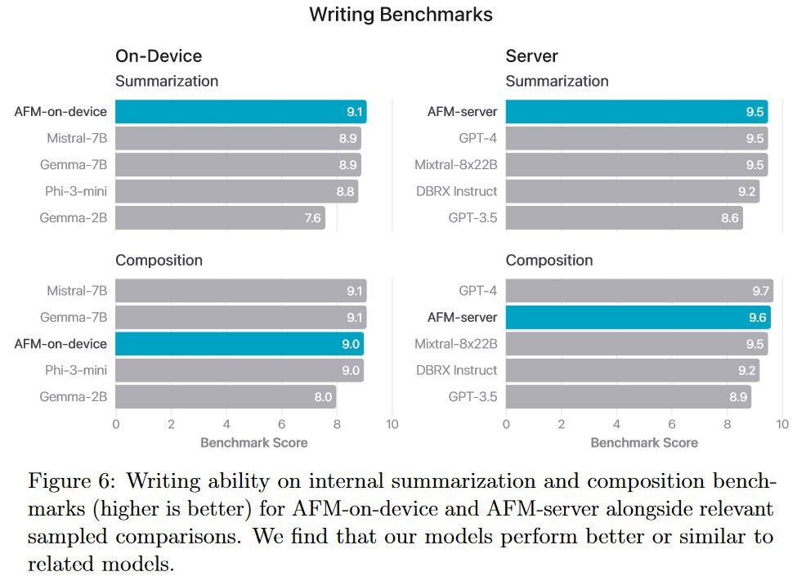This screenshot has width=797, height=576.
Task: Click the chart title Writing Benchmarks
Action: click(x=401, y=15)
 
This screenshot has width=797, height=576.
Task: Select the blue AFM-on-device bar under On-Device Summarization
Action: click(x=240, y=112)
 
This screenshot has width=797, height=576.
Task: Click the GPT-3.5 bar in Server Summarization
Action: click(x=624, y=218)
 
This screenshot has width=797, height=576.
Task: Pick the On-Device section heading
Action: click(x=159, y=56)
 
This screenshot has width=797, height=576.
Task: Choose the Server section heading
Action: click(x=531, y=56)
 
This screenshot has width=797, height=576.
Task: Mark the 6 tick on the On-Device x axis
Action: click(x=281, y=425)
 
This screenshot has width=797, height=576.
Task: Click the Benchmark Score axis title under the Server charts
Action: click(x=644, y=442)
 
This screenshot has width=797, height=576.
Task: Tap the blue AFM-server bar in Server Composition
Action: click(x=638, y=317)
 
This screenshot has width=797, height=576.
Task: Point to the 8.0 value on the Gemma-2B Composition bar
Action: click(x=323, y=397)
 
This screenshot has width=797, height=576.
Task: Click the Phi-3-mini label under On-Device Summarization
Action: click(x=76, y=191)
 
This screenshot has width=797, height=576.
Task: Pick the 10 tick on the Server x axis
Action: click(x=781, y=425)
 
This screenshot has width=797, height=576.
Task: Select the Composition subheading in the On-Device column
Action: click(x=159, y=261)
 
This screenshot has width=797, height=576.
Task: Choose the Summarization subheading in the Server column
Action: click(x=557, y=81)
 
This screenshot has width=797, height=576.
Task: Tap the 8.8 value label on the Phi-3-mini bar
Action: click(x=346, y=191)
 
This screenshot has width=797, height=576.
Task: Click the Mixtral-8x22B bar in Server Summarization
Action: click(x=636, y=165)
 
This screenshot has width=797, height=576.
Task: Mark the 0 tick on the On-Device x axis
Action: click(x=115, y=425)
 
